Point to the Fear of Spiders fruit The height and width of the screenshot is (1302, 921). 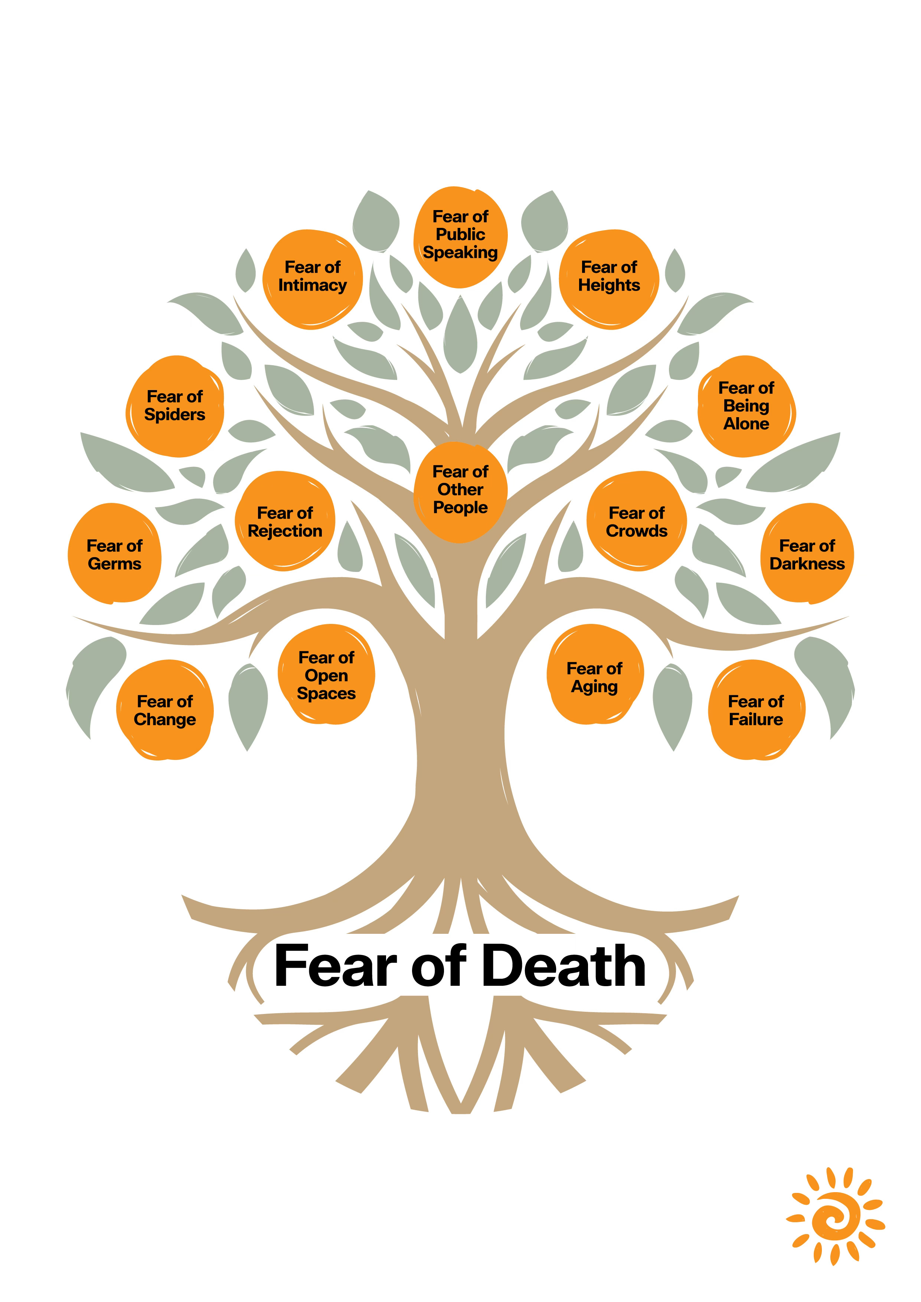175,406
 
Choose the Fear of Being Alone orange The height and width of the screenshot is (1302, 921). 746,406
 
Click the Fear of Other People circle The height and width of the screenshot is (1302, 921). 460,491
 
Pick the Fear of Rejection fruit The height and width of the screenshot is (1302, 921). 285,522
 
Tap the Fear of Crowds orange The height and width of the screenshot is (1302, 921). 636,522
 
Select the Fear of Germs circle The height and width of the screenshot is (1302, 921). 115,554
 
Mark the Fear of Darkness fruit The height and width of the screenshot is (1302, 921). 807,554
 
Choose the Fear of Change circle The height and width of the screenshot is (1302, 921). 164,710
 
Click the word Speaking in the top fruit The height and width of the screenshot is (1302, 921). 460,253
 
